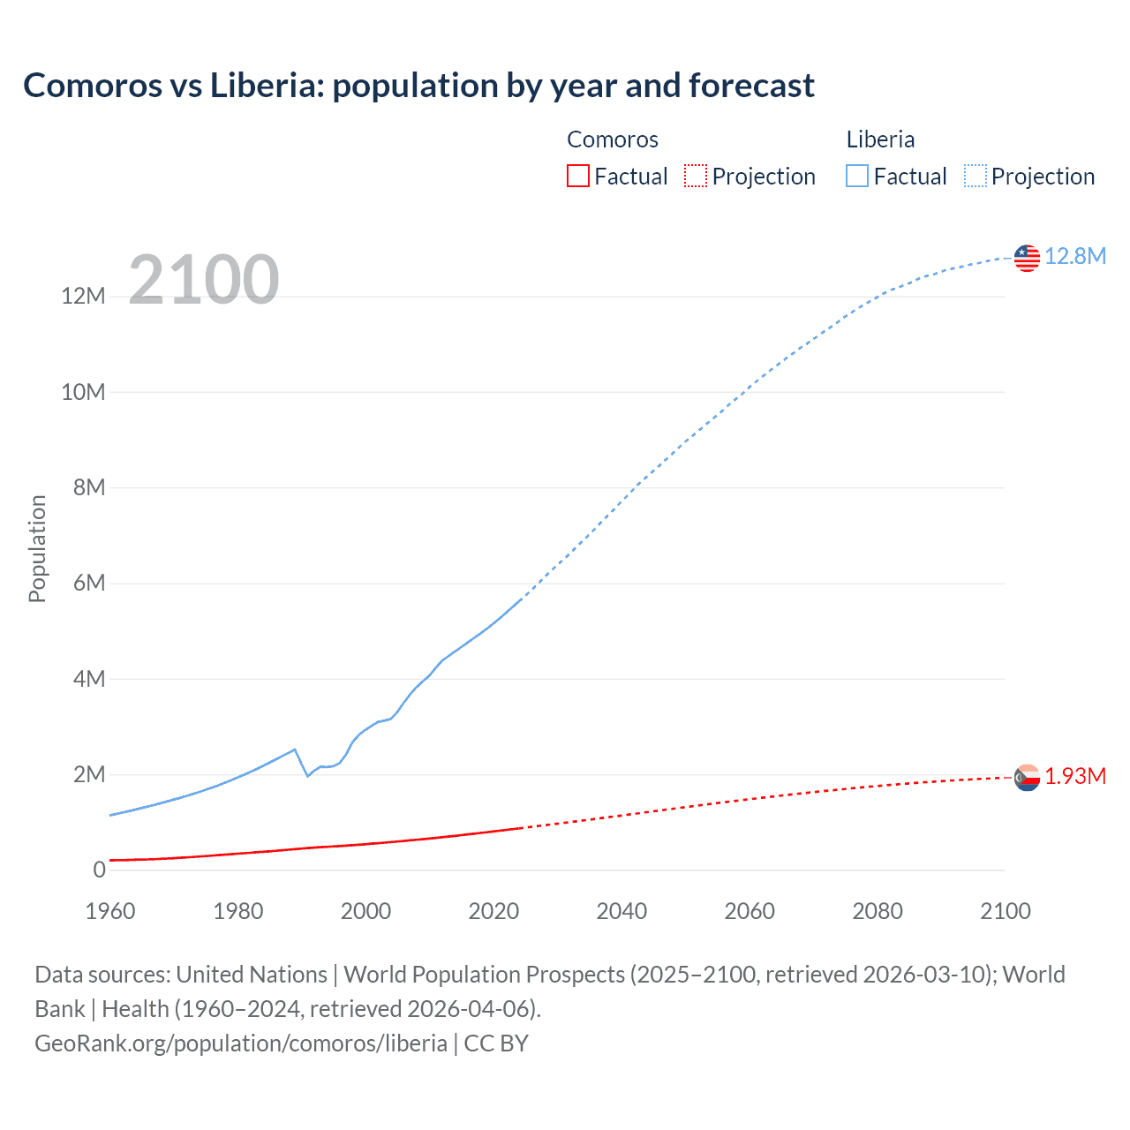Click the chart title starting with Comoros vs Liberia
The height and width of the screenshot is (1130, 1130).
pyautogui.click(x=418, y=86)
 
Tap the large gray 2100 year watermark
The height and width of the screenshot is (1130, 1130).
pyautogui.click(x=204, y=280)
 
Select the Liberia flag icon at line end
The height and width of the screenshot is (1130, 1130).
pyautogui.click(x=1027, y=258)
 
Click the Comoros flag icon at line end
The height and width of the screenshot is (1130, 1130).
pyautogui.click(x=1027, y=778)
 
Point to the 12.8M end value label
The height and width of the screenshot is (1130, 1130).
pyautogui.click(x=1075, y=256)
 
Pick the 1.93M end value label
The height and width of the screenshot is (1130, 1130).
pyautogui.click(x=1075, y=776)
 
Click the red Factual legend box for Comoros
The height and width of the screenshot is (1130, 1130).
pyautogui.click(x=578, y=176)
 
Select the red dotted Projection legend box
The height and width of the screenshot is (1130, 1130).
pyautogui.click(x=696, y=176)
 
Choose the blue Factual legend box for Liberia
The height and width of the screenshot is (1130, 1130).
pyautogui.click(x=857, y=176)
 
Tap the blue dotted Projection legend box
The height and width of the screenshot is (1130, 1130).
pyautogui.click(x=976, y=176)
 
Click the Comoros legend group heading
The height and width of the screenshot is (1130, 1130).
pyautogui.click(x=613, y=139)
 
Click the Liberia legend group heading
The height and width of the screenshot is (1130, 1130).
pyautogui.click(x=880, y=139)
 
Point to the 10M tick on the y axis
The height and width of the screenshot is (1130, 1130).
pyautogui.click(x=83, y=392)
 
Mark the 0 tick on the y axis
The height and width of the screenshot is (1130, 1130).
pyautogui.click(x=99, y=870)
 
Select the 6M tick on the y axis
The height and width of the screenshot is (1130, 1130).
pyautogui.click(x=88, y=584)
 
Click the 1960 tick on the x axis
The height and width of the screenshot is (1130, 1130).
pyautogui.click(x=110, y=911)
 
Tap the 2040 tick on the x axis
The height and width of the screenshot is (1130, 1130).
pyautogui.click(x=621, y=911)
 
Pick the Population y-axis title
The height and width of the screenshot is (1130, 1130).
pyautogui.click(x=37, y=548)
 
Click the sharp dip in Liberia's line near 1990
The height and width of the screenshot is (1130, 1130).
pyautogui.click(x=307, y=775)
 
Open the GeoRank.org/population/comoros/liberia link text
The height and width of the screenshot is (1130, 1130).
pyautogui.click(x=241, y=1043)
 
